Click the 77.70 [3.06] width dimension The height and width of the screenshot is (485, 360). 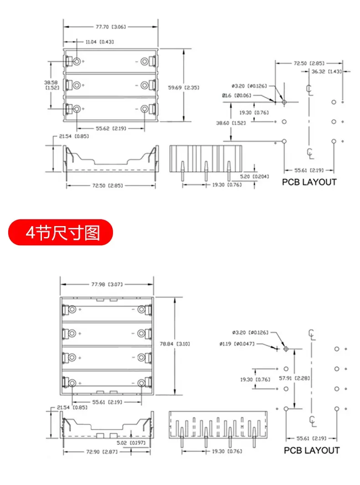[111, 27]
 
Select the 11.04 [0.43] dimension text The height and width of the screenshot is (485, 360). [100, 42]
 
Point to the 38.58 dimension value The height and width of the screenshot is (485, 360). [51, 83]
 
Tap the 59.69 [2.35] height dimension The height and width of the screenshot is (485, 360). [184, 88]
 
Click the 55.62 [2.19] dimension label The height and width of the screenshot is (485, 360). [111, 129]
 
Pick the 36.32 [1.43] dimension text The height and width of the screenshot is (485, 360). [327, 72]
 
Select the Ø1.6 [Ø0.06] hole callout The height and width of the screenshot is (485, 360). [237, 96]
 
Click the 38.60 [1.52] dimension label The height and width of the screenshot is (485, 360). [231, 123]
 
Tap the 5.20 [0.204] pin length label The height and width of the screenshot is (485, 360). [255, 176]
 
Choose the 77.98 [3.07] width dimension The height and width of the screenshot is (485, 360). [107, 284]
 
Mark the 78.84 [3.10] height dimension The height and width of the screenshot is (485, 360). [175, 344]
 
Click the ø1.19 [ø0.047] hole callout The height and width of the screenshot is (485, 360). [237, 344]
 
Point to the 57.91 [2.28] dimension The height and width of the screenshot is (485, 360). [294, 378]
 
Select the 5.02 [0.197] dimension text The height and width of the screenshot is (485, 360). [131, 443]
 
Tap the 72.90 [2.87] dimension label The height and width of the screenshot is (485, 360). [102, 452]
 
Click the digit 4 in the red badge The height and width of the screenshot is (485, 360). [31, 232]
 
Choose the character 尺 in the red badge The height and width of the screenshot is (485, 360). [59, 232]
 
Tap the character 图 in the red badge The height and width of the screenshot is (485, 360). [92, 232]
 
